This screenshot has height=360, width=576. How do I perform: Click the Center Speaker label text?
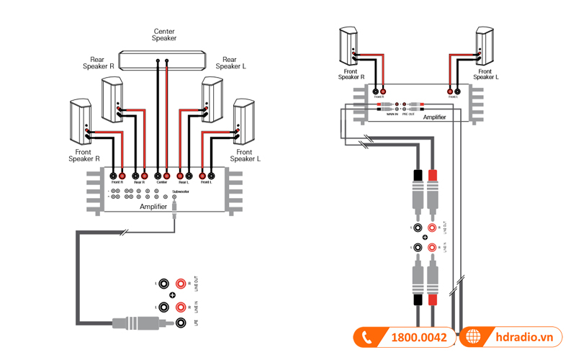[x=164, y=35]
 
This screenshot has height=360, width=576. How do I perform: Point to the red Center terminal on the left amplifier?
[x=166, y=175]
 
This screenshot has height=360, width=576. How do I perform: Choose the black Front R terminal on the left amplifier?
[x=114, y=175]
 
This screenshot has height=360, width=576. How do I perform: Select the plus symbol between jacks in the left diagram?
[x=172, y=295]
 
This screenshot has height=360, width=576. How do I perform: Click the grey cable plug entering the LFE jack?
[x=130, y=322]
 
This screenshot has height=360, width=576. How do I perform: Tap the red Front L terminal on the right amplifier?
[x=458, y=91]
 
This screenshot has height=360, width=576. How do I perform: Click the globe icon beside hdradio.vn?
[x=473, y=337]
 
